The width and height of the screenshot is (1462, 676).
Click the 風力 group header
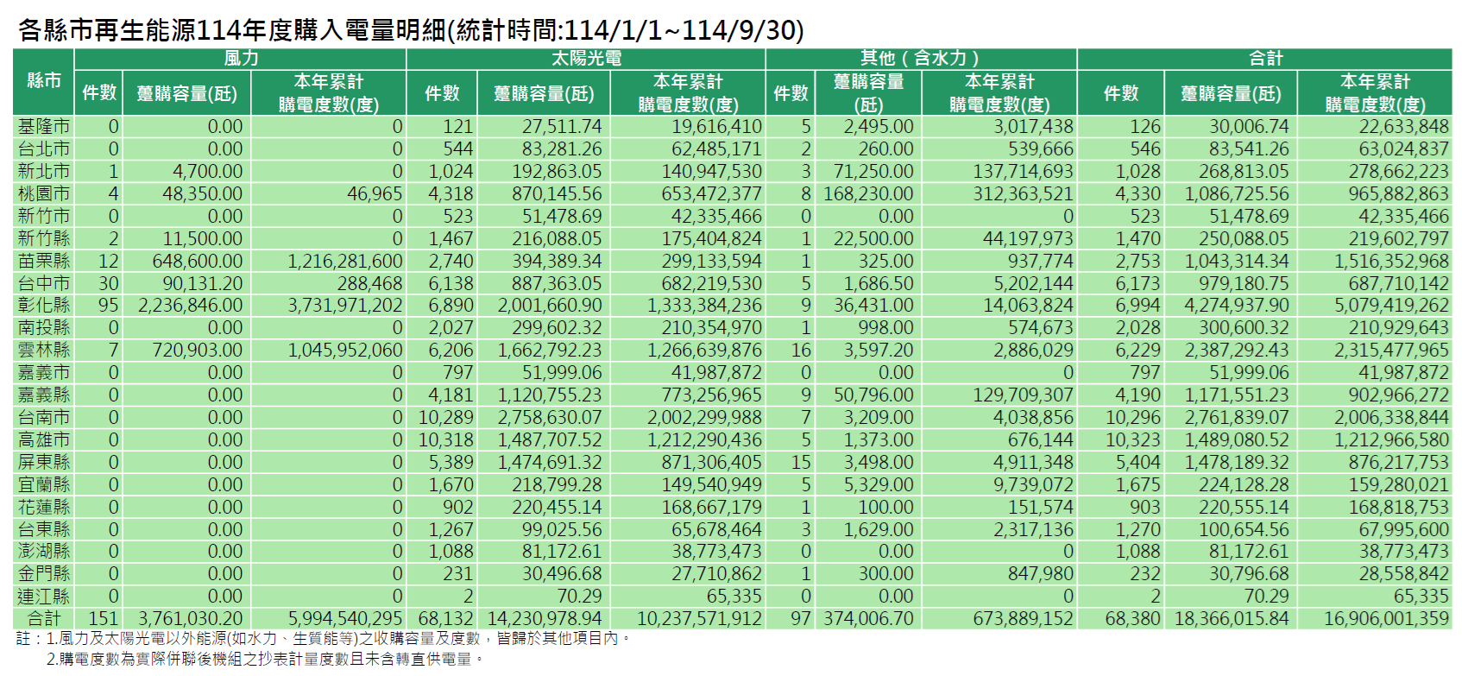coord(241,59)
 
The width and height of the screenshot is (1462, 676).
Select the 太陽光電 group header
coord(586,59)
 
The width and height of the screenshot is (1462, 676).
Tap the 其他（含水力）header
coord(920,59)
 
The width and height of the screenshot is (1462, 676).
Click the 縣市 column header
coord(44,81)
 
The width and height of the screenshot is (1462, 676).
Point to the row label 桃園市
coord(44,193)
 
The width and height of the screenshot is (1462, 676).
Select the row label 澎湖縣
coord(44,551)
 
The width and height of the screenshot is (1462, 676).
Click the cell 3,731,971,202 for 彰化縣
coord(345,306)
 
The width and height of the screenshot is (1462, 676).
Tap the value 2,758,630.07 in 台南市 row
coord(550,417)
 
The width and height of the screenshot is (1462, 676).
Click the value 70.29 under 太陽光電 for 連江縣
coord(579,596)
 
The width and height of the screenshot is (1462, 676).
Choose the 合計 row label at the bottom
coord(44,618)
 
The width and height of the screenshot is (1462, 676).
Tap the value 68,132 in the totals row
coord(445,618)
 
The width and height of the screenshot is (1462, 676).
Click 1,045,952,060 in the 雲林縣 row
coord(345,350)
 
